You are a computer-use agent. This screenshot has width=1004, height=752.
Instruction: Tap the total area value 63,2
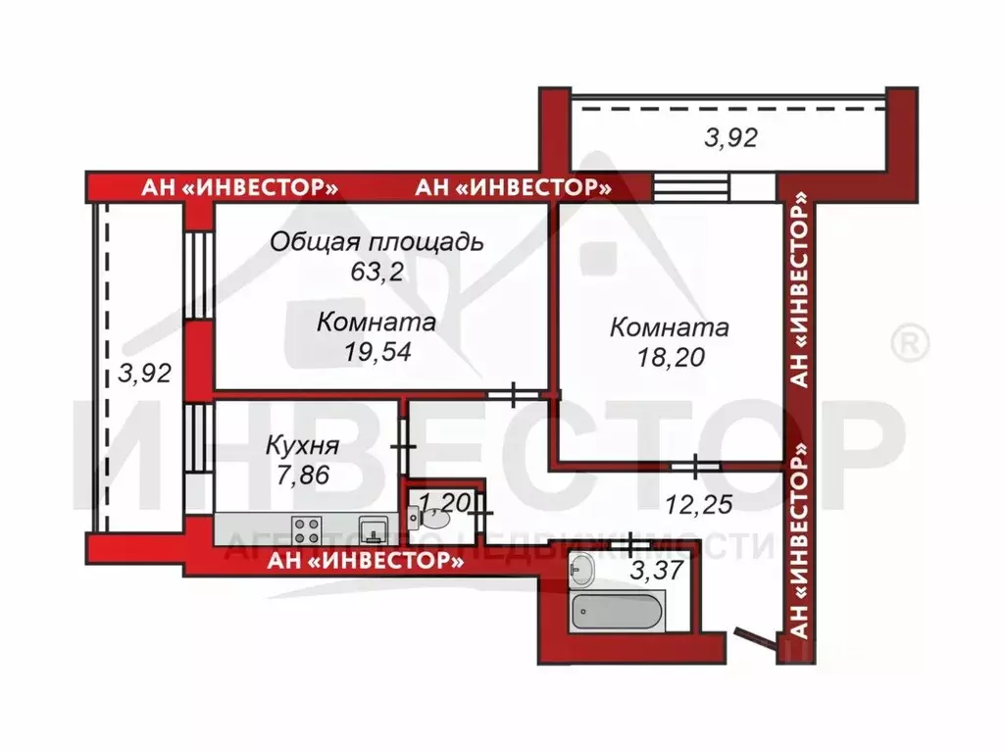tap(376, 272)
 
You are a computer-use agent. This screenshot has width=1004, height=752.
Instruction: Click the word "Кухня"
tap(302, 447)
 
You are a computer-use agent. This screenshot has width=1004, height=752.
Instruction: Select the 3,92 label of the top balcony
tap(731, 139)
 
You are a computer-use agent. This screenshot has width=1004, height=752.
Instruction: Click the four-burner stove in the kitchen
tap(306, 530)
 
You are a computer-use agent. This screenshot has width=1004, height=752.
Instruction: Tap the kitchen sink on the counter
tap(373, 530)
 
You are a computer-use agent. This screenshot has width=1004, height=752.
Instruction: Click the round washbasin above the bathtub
tap(582, 567)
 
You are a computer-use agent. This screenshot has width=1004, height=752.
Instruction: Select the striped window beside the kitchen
tap(198, 437)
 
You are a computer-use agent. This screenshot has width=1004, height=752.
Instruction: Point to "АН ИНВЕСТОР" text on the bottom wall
tap(366, 561)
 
